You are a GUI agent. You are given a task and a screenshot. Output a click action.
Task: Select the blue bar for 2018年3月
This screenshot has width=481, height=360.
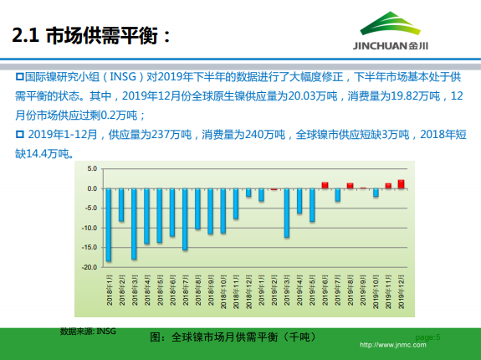click(134, 224)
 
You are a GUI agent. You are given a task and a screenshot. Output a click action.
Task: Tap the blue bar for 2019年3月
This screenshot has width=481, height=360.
click(287, 213)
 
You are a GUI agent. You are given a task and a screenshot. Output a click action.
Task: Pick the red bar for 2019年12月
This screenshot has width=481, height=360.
click(402, 184)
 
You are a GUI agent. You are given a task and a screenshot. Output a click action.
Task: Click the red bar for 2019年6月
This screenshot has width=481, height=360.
click(325, 185)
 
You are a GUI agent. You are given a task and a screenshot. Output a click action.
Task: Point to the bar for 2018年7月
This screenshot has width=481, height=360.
click(185, 219)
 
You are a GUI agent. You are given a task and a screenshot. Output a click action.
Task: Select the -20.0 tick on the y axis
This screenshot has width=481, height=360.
click(91, 267)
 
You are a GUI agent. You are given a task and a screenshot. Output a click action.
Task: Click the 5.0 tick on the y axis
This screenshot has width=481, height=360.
click(93, 168)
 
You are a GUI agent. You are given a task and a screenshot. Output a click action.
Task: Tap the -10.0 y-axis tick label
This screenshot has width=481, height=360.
click(91, 228)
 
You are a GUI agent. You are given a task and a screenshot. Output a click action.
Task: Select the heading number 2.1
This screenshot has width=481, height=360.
click(24, 36)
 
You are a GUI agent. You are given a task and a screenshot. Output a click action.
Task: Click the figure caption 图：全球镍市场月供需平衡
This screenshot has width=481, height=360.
click(233, 337)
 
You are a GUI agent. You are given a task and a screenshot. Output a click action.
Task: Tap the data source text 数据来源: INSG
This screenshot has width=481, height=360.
click(88, 332)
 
